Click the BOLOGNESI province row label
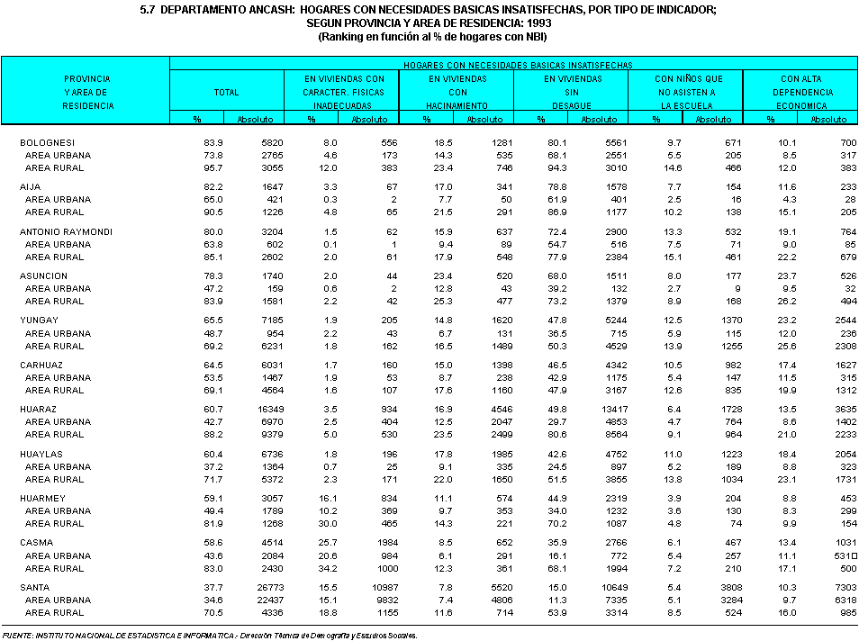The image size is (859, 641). click(48, 143)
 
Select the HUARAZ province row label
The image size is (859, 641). click(39, 410)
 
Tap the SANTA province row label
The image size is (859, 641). click(36, 587)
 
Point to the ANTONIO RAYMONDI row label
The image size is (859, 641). click(66, 231)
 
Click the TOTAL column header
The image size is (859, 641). click(226, 93)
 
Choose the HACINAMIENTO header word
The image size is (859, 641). click(457, 105)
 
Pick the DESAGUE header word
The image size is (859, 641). click(572, 105)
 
